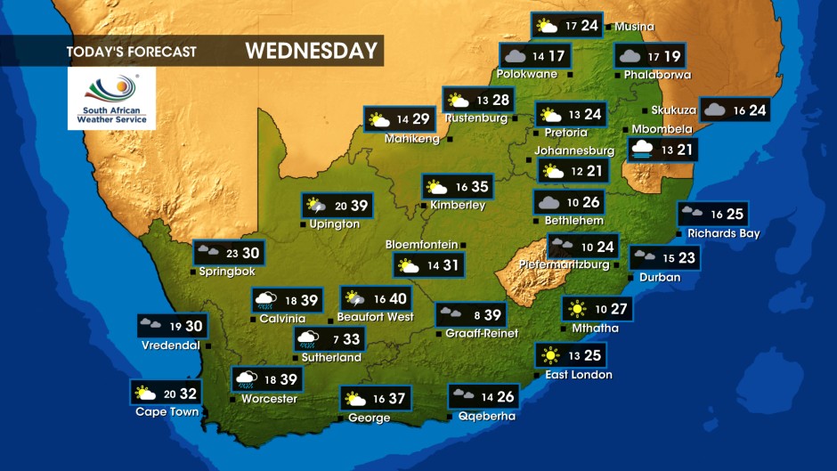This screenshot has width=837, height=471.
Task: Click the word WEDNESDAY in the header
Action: (x=312, y=51)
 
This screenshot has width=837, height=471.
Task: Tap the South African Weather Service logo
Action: (x=111, y=98)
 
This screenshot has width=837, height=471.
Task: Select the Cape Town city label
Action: (x=167, y=412)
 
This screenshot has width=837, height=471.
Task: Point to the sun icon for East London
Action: (x=552, y=356)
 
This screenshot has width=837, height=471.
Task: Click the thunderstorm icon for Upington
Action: (x=316, y=206)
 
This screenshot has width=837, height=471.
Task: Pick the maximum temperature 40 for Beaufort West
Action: (x=398, y=299)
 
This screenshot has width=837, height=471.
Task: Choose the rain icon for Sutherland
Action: (x=309, y=339)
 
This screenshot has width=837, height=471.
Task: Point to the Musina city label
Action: (x=634, y=27)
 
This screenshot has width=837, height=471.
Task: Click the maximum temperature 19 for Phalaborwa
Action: (x=671, y=57)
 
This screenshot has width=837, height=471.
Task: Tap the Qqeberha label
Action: (x=486, y=416)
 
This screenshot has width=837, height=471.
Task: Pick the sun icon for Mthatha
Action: (x=578, y=309)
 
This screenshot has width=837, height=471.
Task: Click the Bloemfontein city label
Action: (x=421, y=245)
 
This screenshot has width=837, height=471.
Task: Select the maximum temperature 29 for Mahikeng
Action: (x=421, y=119)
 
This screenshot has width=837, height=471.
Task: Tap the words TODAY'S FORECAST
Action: (x=131, y=52)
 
